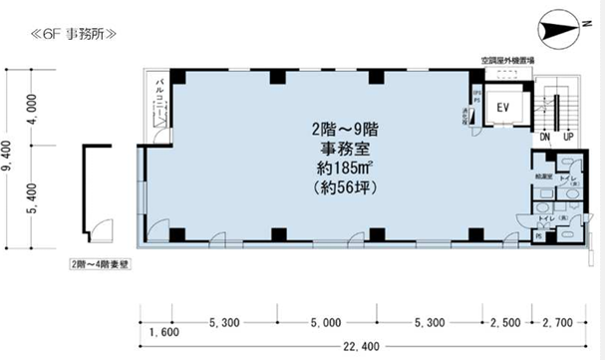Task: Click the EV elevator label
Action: pyautogui.click(x=502, y=106)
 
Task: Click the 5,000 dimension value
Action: pyautogui.click(x=326, y=321)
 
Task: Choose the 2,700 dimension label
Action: pyautogui.click(x=559, y=321)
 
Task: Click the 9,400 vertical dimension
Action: pyautogui.click(x=8, y=157)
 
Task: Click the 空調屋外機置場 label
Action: pyautogui.click(x=505, y=62)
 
